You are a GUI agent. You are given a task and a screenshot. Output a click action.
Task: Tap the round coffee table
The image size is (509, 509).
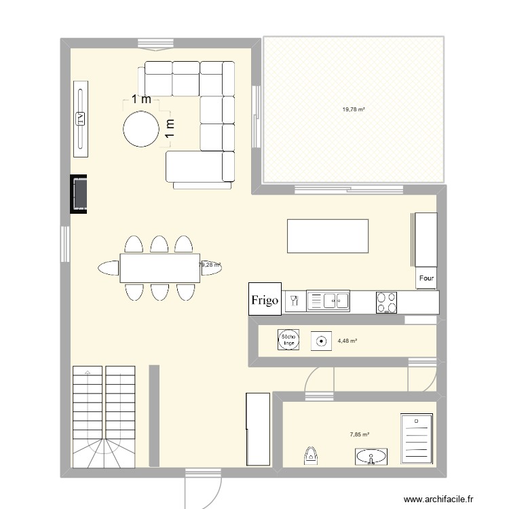click(x=140, y=127)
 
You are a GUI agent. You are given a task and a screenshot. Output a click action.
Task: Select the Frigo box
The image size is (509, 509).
click(x=265, y=300)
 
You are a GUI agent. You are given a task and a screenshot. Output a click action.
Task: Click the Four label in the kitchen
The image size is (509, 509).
click(x=426, y=278)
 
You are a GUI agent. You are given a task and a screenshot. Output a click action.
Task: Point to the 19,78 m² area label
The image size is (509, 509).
click(x=354, y=109)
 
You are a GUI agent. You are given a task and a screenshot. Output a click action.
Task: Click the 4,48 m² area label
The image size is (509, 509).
click(x=347, y=341)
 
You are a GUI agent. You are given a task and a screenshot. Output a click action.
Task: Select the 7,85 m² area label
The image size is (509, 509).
click(x=360, y=434)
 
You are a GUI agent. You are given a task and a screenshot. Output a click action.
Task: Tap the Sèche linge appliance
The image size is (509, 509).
click(x=288, y=340)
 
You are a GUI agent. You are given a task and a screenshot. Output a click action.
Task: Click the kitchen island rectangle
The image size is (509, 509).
click(x=328, y=235)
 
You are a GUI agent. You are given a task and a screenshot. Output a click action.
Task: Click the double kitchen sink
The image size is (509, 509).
click(x=328, y=300)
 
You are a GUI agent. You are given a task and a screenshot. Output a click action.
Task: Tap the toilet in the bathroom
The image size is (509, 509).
click(x=311, y=455)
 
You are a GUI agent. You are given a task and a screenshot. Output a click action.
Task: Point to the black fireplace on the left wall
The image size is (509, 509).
click(x=79, y=194)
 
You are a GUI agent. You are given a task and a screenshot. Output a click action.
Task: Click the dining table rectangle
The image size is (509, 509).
click(x=159, y=267)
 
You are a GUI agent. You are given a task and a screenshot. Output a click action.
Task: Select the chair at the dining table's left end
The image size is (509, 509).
click(x=108, y=268)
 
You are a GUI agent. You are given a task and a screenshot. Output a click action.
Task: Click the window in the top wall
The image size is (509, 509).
click(x=158, y=43)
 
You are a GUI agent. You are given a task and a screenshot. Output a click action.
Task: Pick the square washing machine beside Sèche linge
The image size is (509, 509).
click(x=319, y=341)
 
